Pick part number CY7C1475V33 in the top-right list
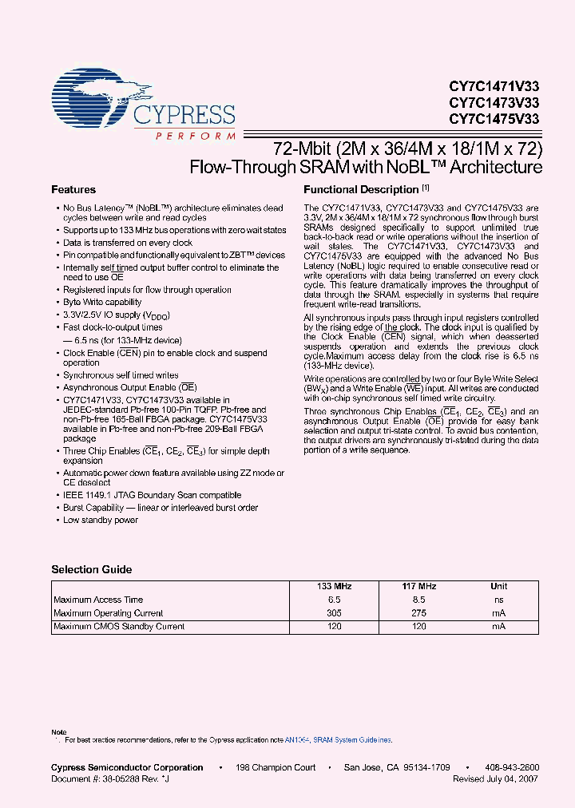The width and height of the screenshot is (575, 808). click(494, 119)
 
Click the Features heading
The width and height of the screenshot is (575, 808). click(73, 190)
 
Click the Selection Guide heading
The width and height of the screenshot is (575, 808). click(92, 570)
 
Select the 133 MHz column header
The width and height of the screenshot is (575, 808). click(334, 586)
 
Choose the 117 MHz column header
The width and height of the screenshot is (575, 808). click(419, 586)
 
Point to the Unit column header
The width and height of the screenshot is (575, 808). click(498, 586)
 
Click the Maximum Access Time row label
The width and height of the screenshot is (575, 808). click(98, 600)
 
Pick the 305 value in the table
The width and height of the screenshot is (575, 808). click(334, 613)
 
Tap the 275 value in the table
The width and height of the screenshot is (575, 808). click(419, 613)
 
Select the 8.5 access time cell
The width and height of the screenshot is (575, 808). click(419, 600)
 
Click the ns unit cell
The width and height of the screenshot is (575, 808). click(498, 600)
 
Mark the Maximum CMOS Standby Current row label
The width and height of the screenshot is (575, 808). click(119, 627)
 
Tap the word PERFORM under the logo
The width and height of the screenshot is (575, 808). click(184, 137)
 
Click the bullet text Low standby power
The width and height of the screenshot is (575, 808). click(101, 521)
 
